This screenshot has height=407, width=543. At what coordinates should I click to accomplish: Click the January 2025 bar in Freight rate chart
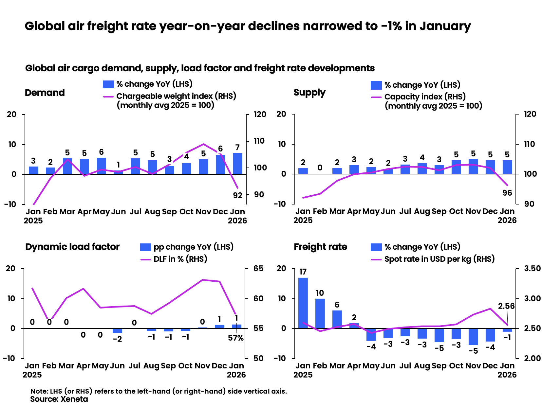tap(303, 303)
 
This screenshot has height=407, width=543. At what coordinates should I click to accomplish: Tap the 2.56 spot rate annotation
tap(506, 306)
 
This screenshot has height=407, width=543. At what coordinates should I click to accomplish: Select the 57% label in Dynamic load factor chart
tap(236, 338)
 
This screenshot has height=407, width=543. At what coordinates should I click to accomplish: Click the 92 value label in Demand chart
tap(237, 195)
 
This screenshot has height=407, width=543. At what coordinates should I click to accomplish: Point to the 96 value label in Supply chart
tap(507, 193)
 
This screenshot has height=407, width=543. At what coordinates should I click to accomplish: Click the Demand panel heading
tap(45, 93)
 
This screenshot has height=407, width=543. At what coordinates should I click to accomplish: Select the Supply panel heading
tap(309, 93)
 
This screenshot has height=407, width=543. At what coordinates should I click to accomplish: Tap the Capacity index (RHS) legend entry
tap(425, 97)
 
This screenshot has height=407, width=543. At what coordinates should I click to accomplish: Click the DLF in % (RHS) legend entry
tap(180, 259)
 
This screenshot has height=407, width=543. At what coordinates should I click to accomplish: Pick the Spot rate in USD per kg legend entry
tap(439, 259)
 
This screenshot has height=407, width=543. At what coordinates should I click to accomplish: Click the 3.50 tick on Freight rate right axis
tap(532, 269)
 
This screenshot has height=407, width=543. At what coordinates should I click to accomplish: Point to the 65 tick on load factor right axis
tap(258, 269)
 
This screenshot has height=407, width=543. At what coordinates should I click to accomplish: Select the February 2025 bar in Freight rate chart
tap(320, 313)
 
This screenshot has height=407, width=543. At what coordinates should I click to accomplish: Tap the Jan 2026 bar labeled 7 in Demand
tap(237, 164)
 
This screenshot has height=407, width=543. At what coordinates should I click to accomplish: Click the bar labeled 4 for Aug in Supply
tap(422, 168)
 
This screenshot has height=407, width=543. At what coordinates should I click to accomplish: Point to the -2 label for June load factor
tap(117, 339)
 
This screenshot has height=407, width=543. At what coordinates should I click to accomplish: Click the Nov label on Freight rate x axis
tap(473, 365)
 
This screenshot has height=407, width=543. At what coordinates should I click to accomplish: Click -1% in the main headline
tap(392, 26)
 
